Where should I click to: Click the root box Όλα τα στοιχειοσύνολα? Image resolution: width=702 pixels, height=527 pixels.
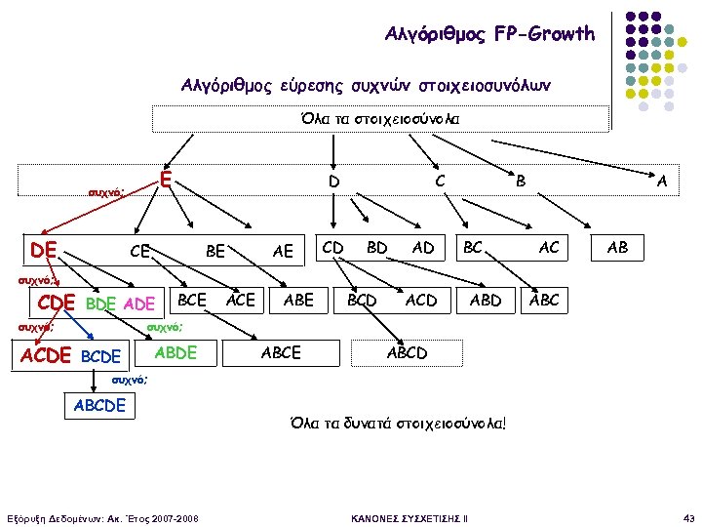(x=380, y=118)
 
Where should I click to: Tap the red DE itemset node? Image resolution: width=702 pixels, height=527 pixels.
(x=43, y=250)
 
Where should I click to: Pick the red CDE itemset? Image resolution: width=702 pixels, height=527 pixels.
(x=56, y=303)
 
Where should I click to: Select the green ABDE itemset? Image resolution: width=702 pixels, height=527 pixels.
(x=176, y=352)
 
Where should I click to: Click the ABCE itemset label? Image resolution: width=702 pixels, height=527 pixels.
(x=282, y=352)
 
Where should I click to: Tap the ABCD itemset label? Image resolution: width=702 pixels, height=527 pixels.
(x=407, y=352)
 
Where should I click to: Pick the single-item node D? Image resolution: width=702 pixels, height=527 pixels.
(x=333, y=182)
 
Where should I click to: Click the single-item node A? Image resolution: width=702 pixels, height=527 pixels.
(x=663, y=181)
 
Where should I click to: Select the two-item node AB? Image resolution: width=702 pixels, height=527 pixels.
(x=617, y=248)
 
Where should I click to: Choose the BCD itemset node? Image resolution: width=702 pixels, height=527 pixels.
(x=362, y=300)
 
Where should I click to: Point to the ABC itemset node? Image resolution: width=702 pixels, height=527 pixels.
(x=544, y=300)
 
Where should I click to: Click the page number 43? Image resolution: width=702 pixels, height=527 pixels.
(x=688, y=516)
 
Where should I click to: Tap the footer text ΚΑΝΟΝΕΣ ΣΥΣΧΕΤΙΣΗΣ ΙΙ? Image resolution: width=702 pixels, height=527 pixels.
(x=409, y=516)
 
